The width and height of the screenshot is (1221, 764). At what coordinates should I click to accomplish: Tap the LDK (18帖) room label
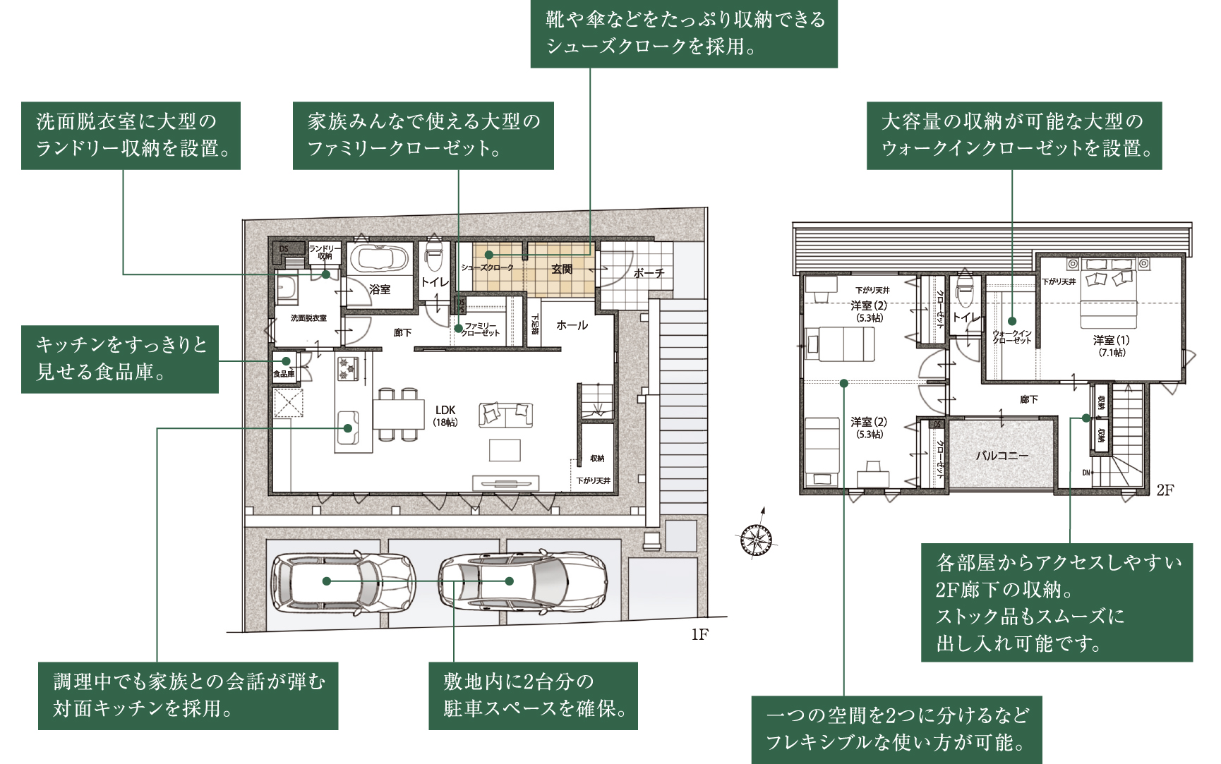point(445,416)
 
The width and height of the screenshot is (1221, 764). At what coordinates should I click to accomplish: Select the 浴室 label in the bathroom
point(380,289)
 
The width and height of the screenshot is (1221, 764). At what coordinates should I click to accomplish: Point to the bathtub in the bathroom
point(380,258)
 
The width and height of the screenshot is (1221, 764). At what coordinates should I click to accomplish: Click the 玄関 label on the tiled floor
point(562,269)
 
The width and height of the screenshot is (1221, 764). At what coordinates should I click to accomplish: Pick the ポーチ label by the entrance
point(649,273)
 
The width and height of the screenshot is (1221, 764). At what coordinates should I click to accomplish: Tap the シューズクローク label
point(487,268)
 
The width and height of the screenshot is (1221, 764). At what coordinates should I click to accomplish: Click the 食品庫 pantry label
point(284,374)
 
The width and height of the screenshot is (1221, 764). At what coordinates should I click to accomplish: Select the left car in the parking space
point(344,581)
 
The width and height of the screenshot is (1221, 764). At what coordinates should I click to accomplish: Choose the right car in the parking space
point(523,581)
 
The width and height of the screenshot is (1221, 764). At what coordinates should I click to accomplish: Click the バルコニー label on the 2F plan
point(1002,456)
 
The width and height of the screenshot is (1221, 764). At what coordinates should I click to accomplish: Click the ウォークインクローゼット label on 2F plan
point(1012,336)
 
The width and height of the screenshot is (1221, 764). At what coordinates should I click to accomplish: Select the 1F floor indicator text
point(699,635)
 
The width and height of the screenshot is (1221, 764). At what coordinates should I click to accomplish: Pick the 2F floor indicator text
point(1165,490)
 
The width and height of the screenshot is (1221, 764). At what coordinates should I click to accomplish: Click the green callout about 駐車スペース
point(533,696)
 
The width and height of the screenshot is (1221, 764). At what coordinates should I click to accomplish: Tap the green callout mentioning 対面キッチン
point(188,696)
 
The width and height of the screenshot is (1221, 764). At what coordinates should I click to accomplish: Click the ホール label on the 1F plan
point(572,325)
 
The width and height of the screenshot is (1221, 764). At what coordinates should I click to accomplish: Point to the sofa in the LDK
point(505,415)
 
